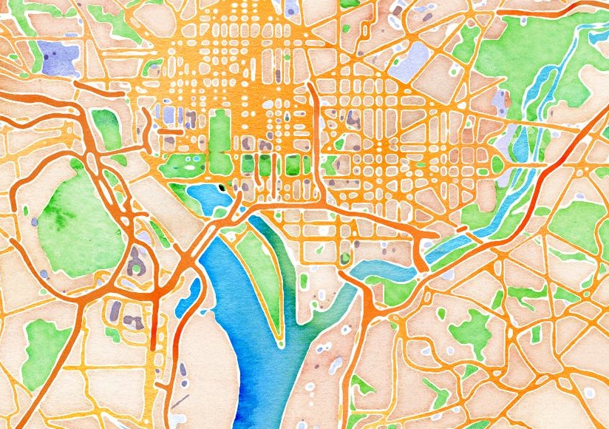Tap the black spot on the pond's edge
[220, 189]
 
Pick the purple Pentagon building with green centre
[135, 262]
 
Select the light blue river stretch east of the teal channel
[384, 268]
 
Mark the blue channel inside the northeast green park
[543, 89]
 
